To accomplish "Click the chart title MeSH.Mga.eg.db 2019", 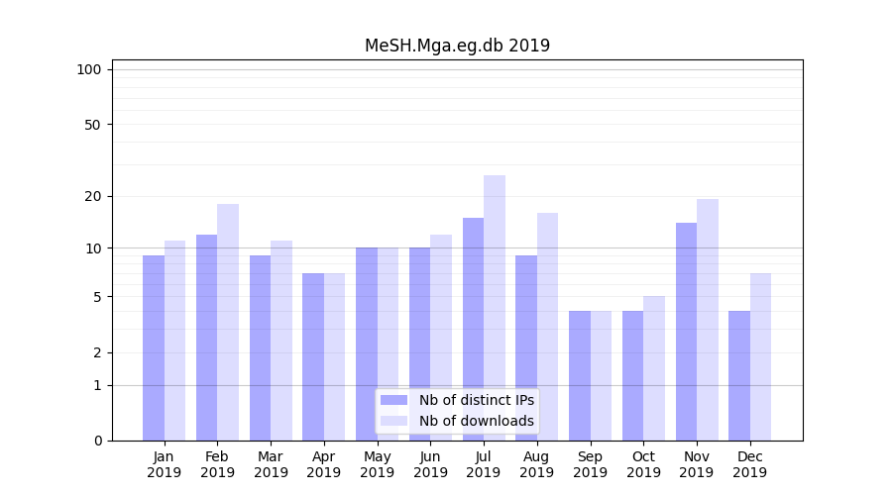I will pos(457,46).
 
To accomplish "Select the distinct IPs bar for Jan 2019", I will pos(154,347).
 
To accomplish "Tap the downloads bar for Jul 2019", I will pos(495,308).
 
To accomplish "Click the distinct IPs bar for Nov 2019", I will pos(686,332).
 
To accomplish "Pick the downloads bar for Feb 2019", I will pos(228,322).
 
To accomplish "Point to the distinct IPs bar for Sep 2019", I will pos(580,375).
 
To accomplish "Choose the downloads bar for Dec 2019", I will pos(760,356).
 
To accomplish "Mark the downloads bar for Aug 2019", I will pos(548,327).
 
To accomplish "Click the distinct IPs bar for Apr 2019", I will pos(313,356).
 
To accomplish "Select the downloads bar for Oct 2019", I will pos(654,368).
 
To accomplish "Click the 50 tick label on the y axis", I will pos(92,125).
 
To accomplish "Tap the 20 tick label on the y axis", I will pos(92,196).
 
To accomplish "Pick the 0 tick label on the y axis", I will pos(97,441).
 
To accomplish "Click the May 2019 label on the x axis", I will pos(378,464).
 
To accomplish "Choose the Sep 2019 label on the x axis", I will pos(590,464).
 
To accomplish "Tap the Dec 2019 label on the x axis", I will pos(750,464).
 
